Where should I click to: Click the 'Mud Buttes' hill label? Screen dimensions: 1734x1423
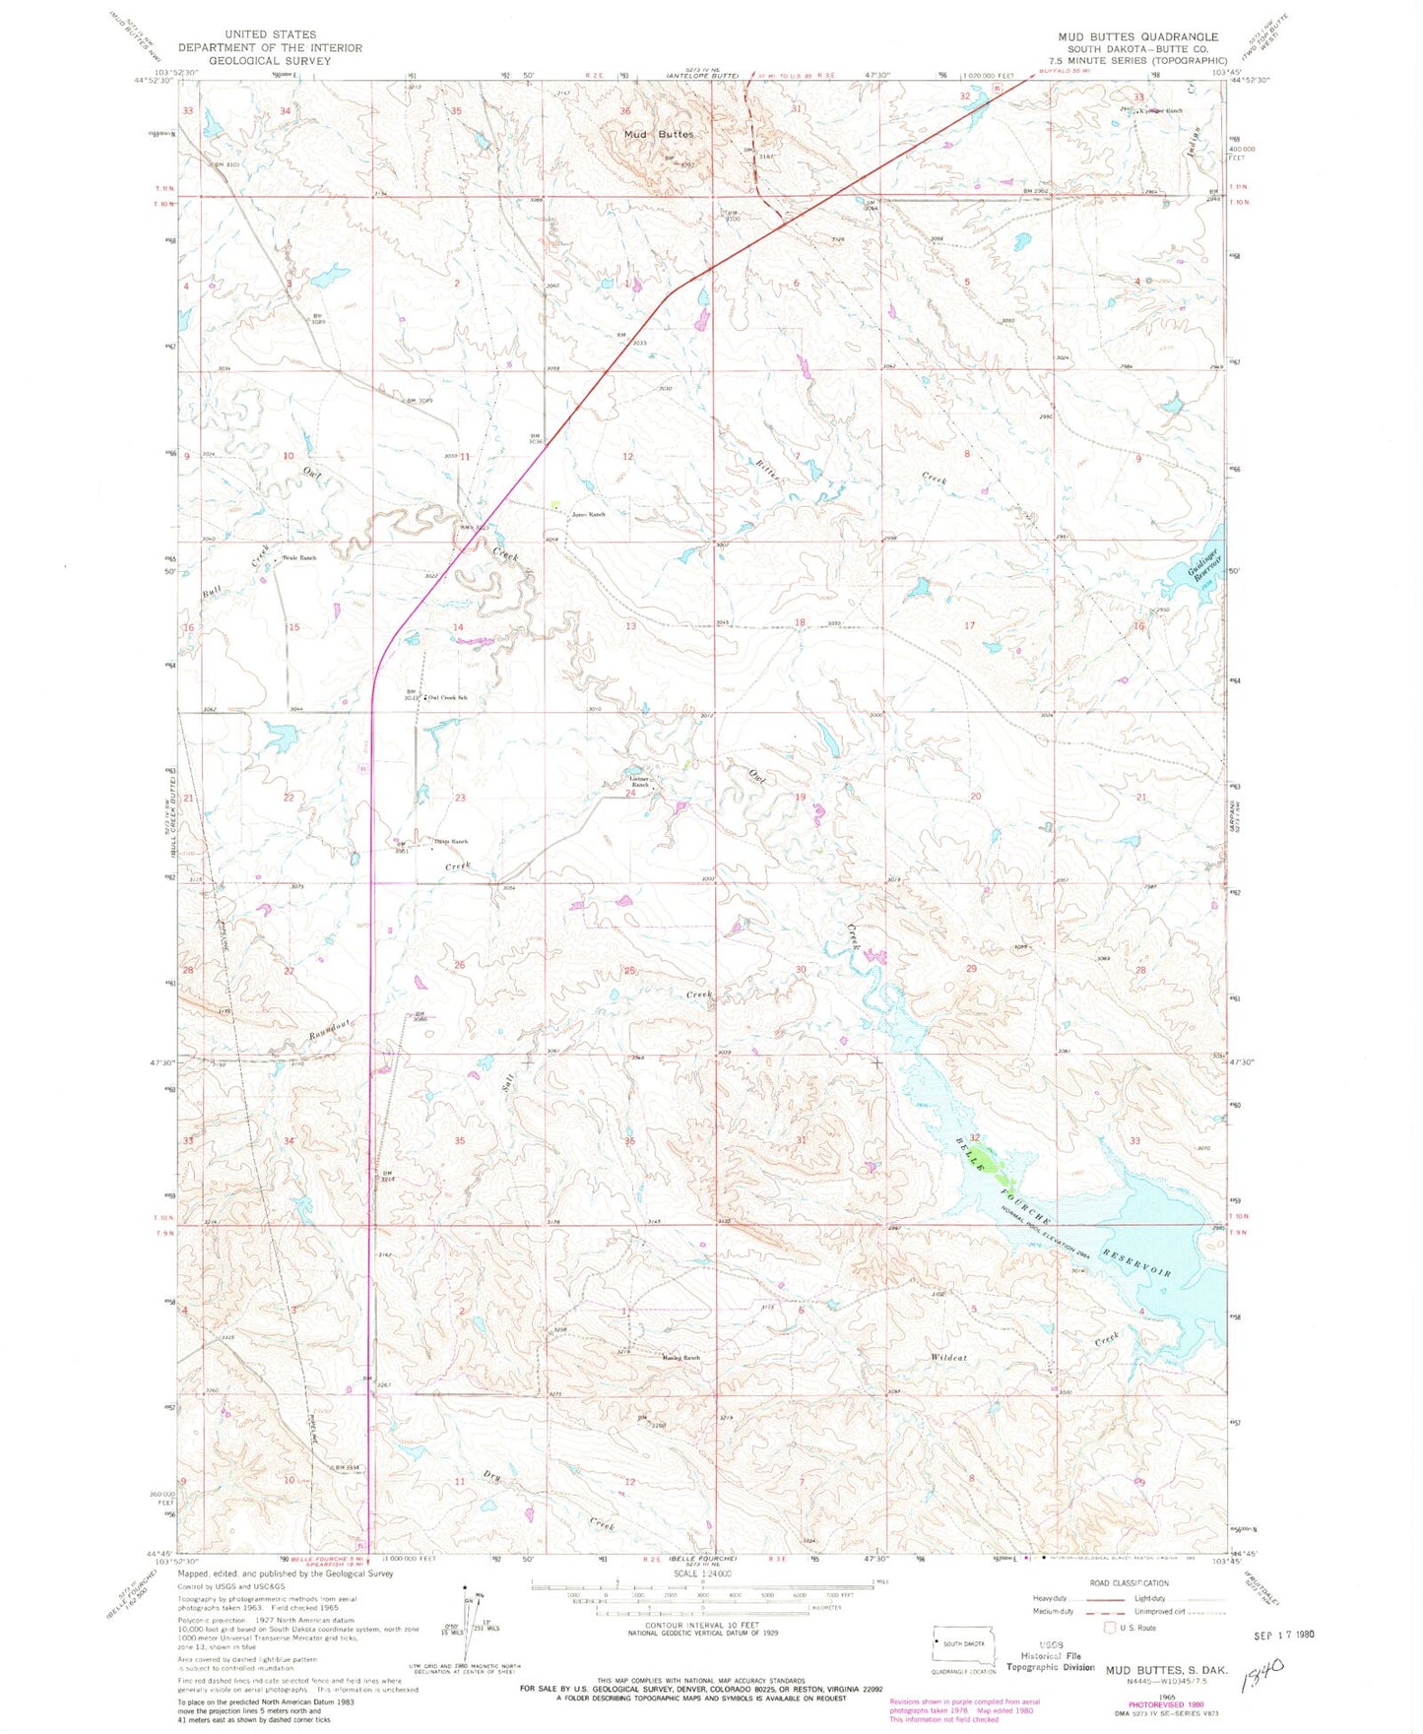[658, 134]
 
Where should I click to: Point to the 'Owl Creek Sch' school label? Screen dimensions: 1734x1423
[447, 697]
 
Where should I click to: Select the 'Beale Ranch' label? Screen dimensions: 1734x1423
[299, 558]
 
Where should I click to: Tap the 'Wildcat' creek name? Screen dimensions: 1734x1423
[948, 1358]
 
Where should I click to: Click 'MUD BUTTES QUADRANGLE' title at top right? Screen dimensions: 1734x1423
[1137, 36]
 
